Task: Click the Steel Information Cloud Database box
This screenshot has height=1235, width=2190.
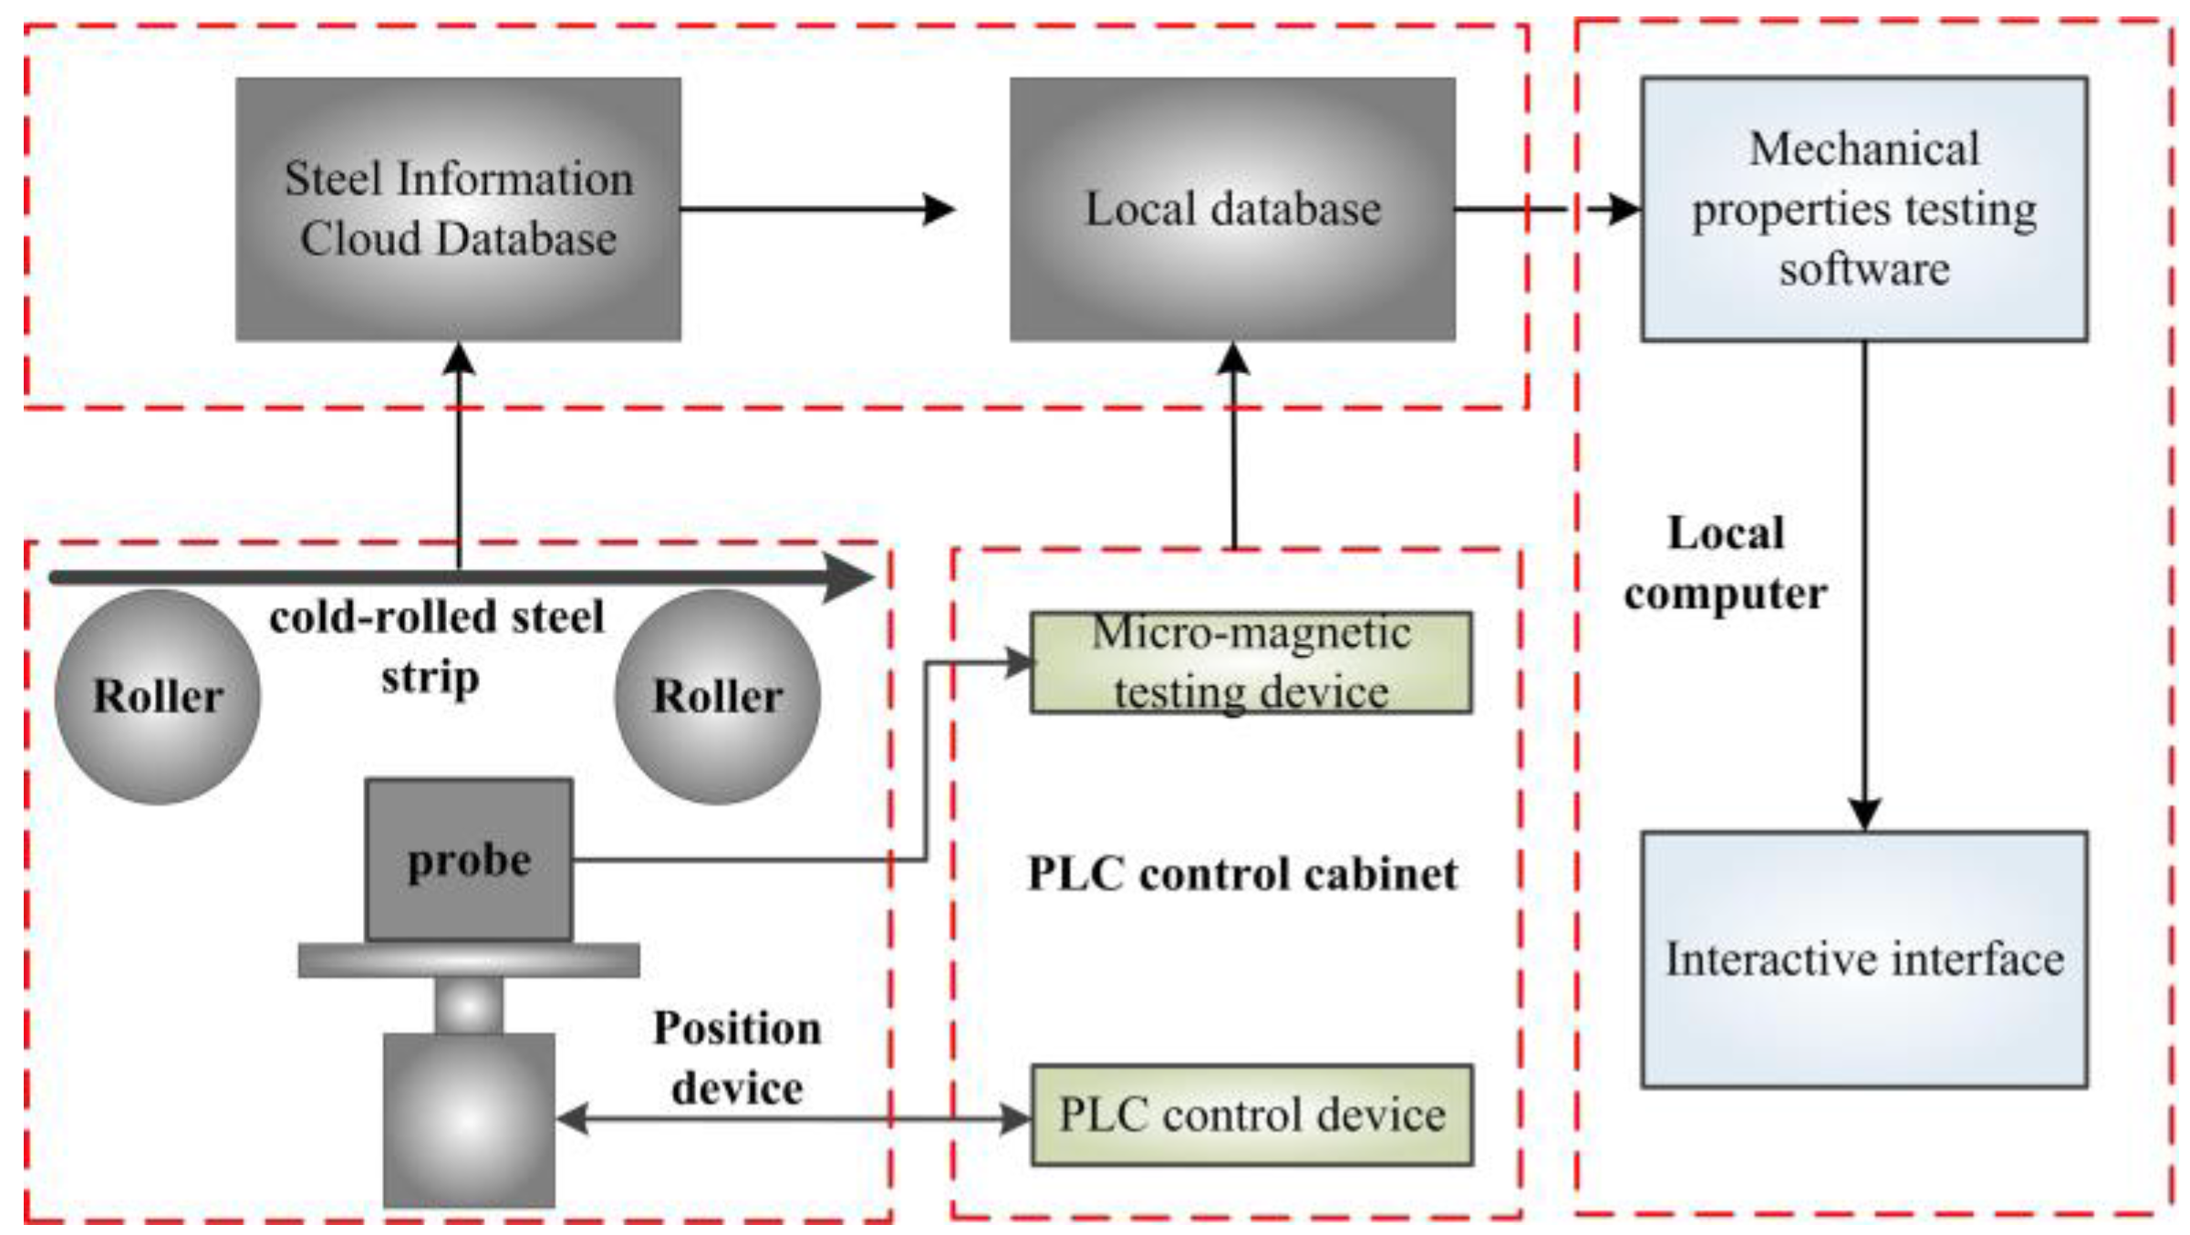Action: pyautogui.click(x=458, y=209)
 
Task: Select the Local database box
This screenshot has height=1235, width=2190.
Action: pyautogui.click(x=1232, y=209)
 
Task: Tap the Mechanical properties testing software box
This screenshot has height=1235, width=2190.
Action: pyautogui.click(x=1864, y=209)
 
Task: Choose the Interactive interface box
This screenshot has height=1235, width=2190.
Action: pyautogui.click(x=1864, y=959)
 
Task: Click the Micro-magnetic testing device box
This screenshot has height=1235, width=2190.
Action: pyautogui.click(x=1251, y=662)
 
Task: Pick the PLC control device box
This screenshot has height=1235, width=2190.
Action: pyautogui.click(x=1251, y=1115)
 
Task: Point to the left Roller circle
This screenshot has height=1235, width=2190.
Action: pyautogui.click(x=158, y=696)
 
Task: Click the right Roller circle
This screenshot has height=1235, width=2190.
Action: pyautogui.click(x=717, y=696)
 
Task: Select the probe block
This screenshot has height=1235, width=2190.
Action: pyautogui.click(x=469, y=859)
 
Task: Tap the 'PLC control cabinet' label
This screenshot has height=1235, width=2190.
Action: pyautogui.click(x=1242, y=874)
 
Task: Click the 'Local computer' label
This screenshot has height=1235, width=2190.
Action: pyautogui.click(x=1726, y=563)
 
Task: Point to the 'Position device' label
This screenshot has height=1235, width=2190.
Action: pyautogui.click(x=737, y=1058)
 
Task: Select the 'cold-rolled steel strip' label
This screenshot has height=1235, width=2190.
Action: pyautogui.click(x=436, y=647)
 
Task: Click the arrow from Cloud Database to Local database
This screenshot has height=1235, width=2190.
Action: pyautogui.click(x=818, y=209)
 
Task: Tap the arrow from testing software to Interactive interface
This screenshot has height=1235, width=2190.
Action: pyautogui.click(x=1864, y=586)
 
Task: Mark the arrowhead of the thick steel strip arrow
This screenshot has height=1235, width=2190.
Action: pyautogui.click(x=848, y=577)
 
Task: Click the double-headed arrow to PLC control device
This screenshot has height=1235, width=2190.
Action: pyautogui.click(x=793, y=1118)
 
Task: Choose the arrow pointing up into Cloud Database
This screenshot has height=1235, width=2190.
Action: pyautogui.click(x=458, y=455)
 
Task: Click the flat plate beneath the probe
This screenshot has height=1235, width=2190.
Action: pyautogui.click(x=469, y=960)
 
